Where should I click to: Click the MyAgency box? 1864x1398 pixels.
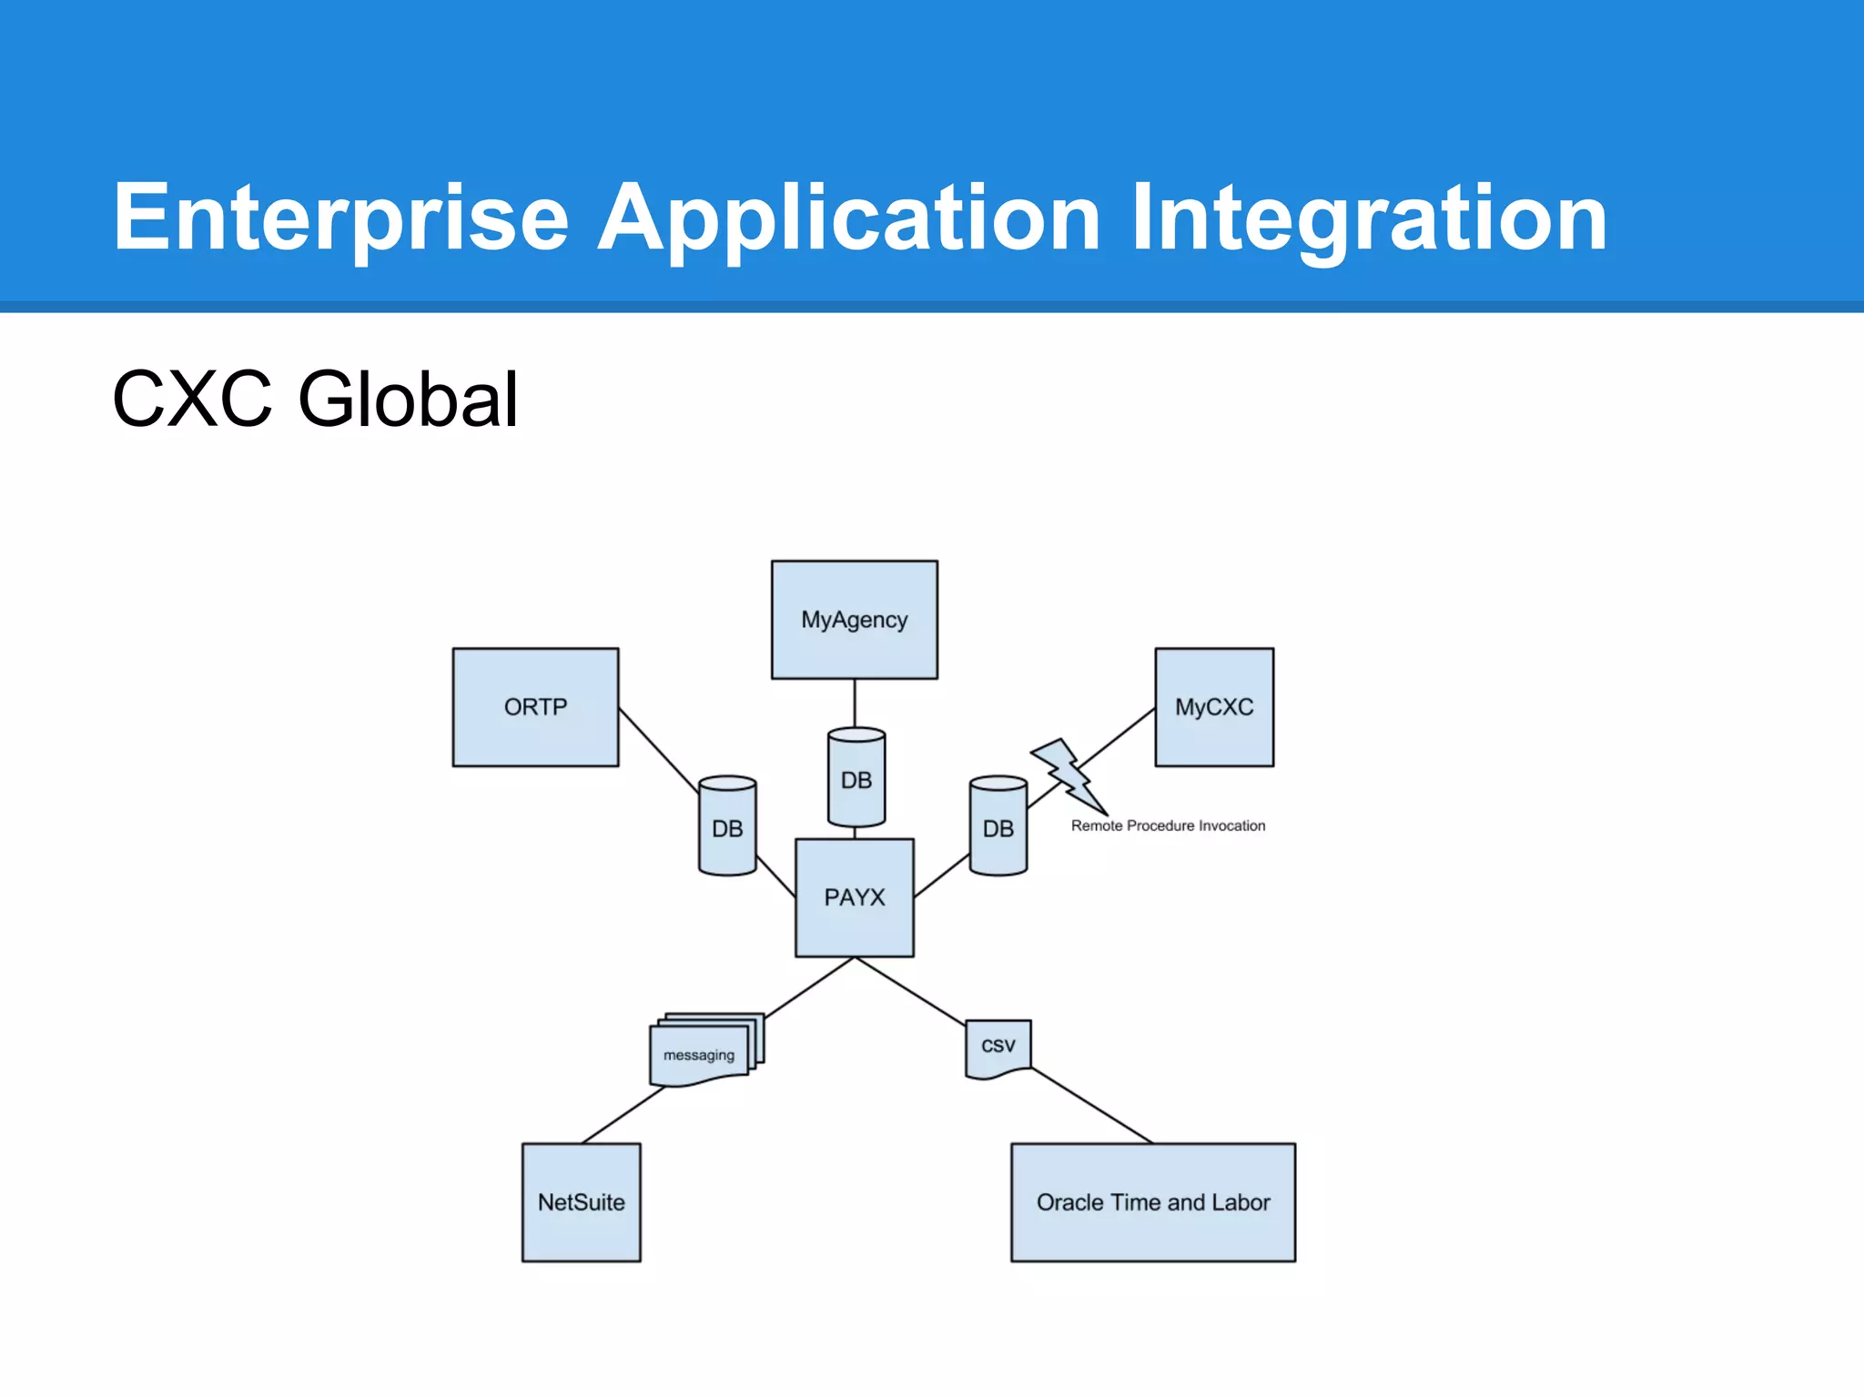point(854,620)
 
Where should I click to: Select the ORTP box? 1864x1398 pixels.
point(535,707)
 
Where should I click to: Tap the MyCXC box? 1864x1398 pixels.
point(1213,707)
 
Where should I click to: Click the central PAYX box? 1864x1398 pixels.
point(854,897)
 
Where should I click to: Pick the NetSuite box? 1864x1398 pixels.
point(581,1202)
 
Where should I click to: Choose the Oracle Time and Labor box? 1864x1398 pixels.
point(1152,1202)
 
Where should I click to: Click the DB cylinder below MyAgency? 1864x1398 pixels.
point(856,779)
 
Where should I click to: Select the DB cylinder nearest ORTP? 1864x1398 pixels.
point(727,827)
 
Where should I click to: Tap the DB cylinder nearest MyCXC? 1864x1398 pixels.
point(998,827)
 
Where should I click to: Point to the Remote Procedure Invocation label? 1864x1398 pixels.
point(1168,826)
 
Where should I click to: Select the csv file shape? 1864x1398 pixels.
point(998,1047)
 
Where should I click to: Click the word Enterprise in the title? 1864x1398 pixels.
point(340,218)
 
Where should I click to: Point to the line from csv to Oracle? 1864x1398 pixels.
point(1092,1106)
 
